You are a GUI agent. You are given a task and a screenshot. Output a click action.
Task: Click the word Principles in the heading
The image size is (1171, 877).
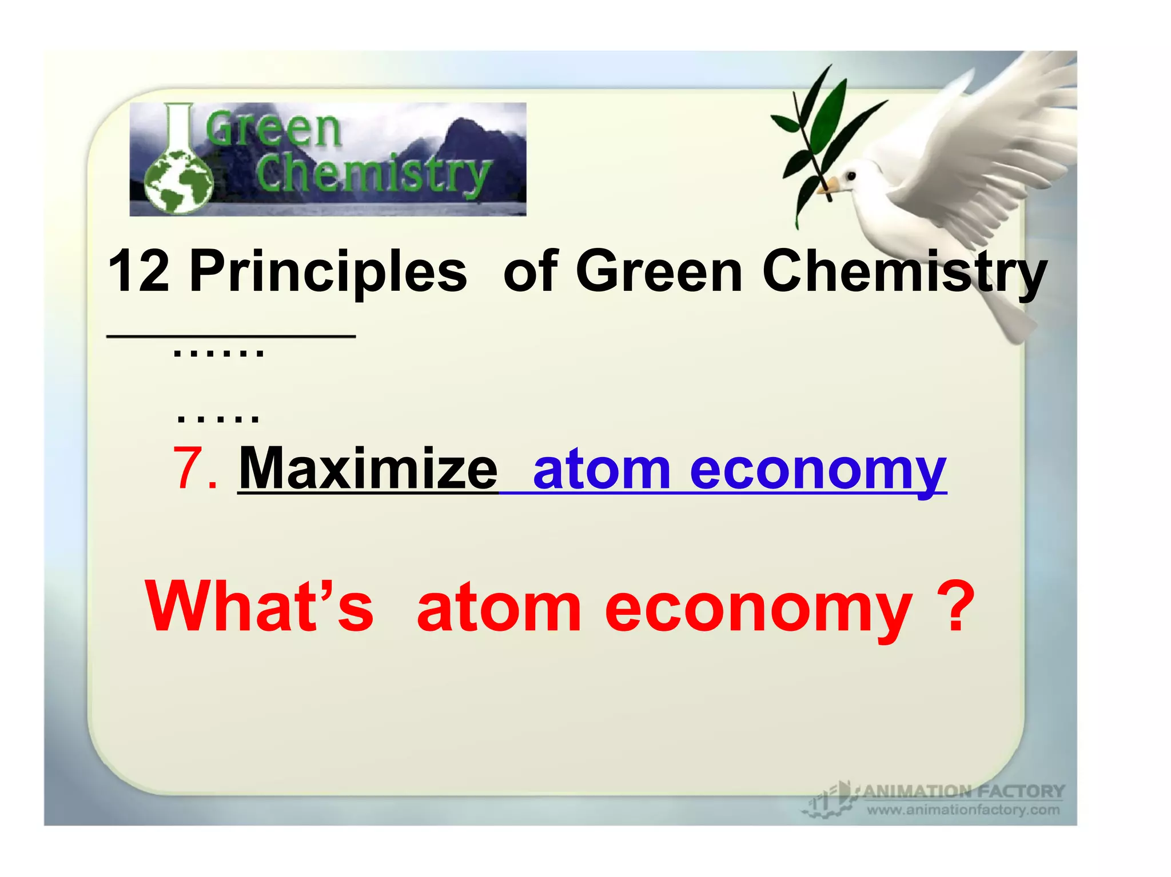click(328, 272)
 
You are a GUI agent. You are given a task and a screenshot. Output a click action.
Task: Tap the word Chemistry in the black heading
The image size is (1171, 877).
click(905, 272)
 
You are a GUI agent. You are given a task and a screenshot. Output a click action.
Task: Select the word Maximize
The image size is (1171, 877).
click(368, 470)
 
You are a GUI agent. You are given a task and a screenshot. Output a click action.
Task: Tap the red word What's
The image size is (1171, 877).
click(260, 607)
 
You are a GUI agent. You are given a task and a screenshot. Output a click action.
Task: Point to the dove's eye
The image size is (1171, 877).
click(850, 177)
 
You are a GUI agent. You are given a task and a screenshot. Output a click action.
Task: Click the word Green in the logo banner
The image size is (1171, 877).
click(273, 129)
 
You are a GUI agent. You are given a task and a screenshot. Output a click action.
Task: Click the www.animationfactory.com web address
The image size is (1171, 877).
click(963, 810)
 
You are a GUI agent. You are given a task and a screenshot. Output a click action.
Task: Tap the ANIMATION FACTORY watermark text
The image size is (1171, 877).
click(963, 791)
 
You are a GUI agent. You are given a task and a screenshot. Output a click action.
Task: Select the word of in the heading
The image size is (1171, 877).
click(531, 272)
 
